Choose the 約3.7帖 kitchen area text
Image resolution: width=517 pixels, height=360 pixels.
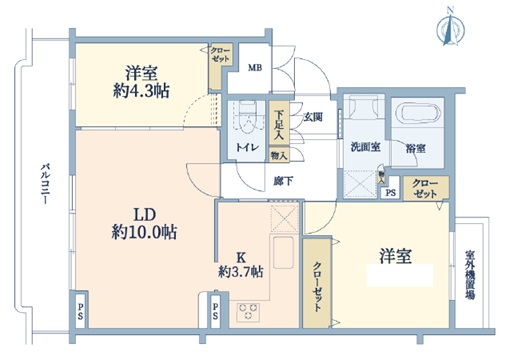[240, 270]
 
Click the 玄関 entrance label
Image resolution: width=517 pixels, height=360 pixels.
[312, 117]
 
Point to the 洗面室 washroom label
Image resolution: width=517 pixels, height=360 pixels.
[365, 147]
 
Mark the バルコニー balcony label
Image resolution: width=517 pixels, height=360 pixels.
[46, 185]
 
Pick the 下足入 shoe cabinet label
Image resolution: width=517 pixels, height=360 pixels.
[280, 123]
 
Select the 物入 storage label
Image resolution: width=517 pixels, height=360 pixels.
[279, 156]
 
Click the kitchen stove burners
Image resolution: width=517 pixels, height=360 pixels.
[249, 310]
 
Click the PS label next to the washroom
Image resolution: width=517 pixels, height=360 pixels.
[390, 193]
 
